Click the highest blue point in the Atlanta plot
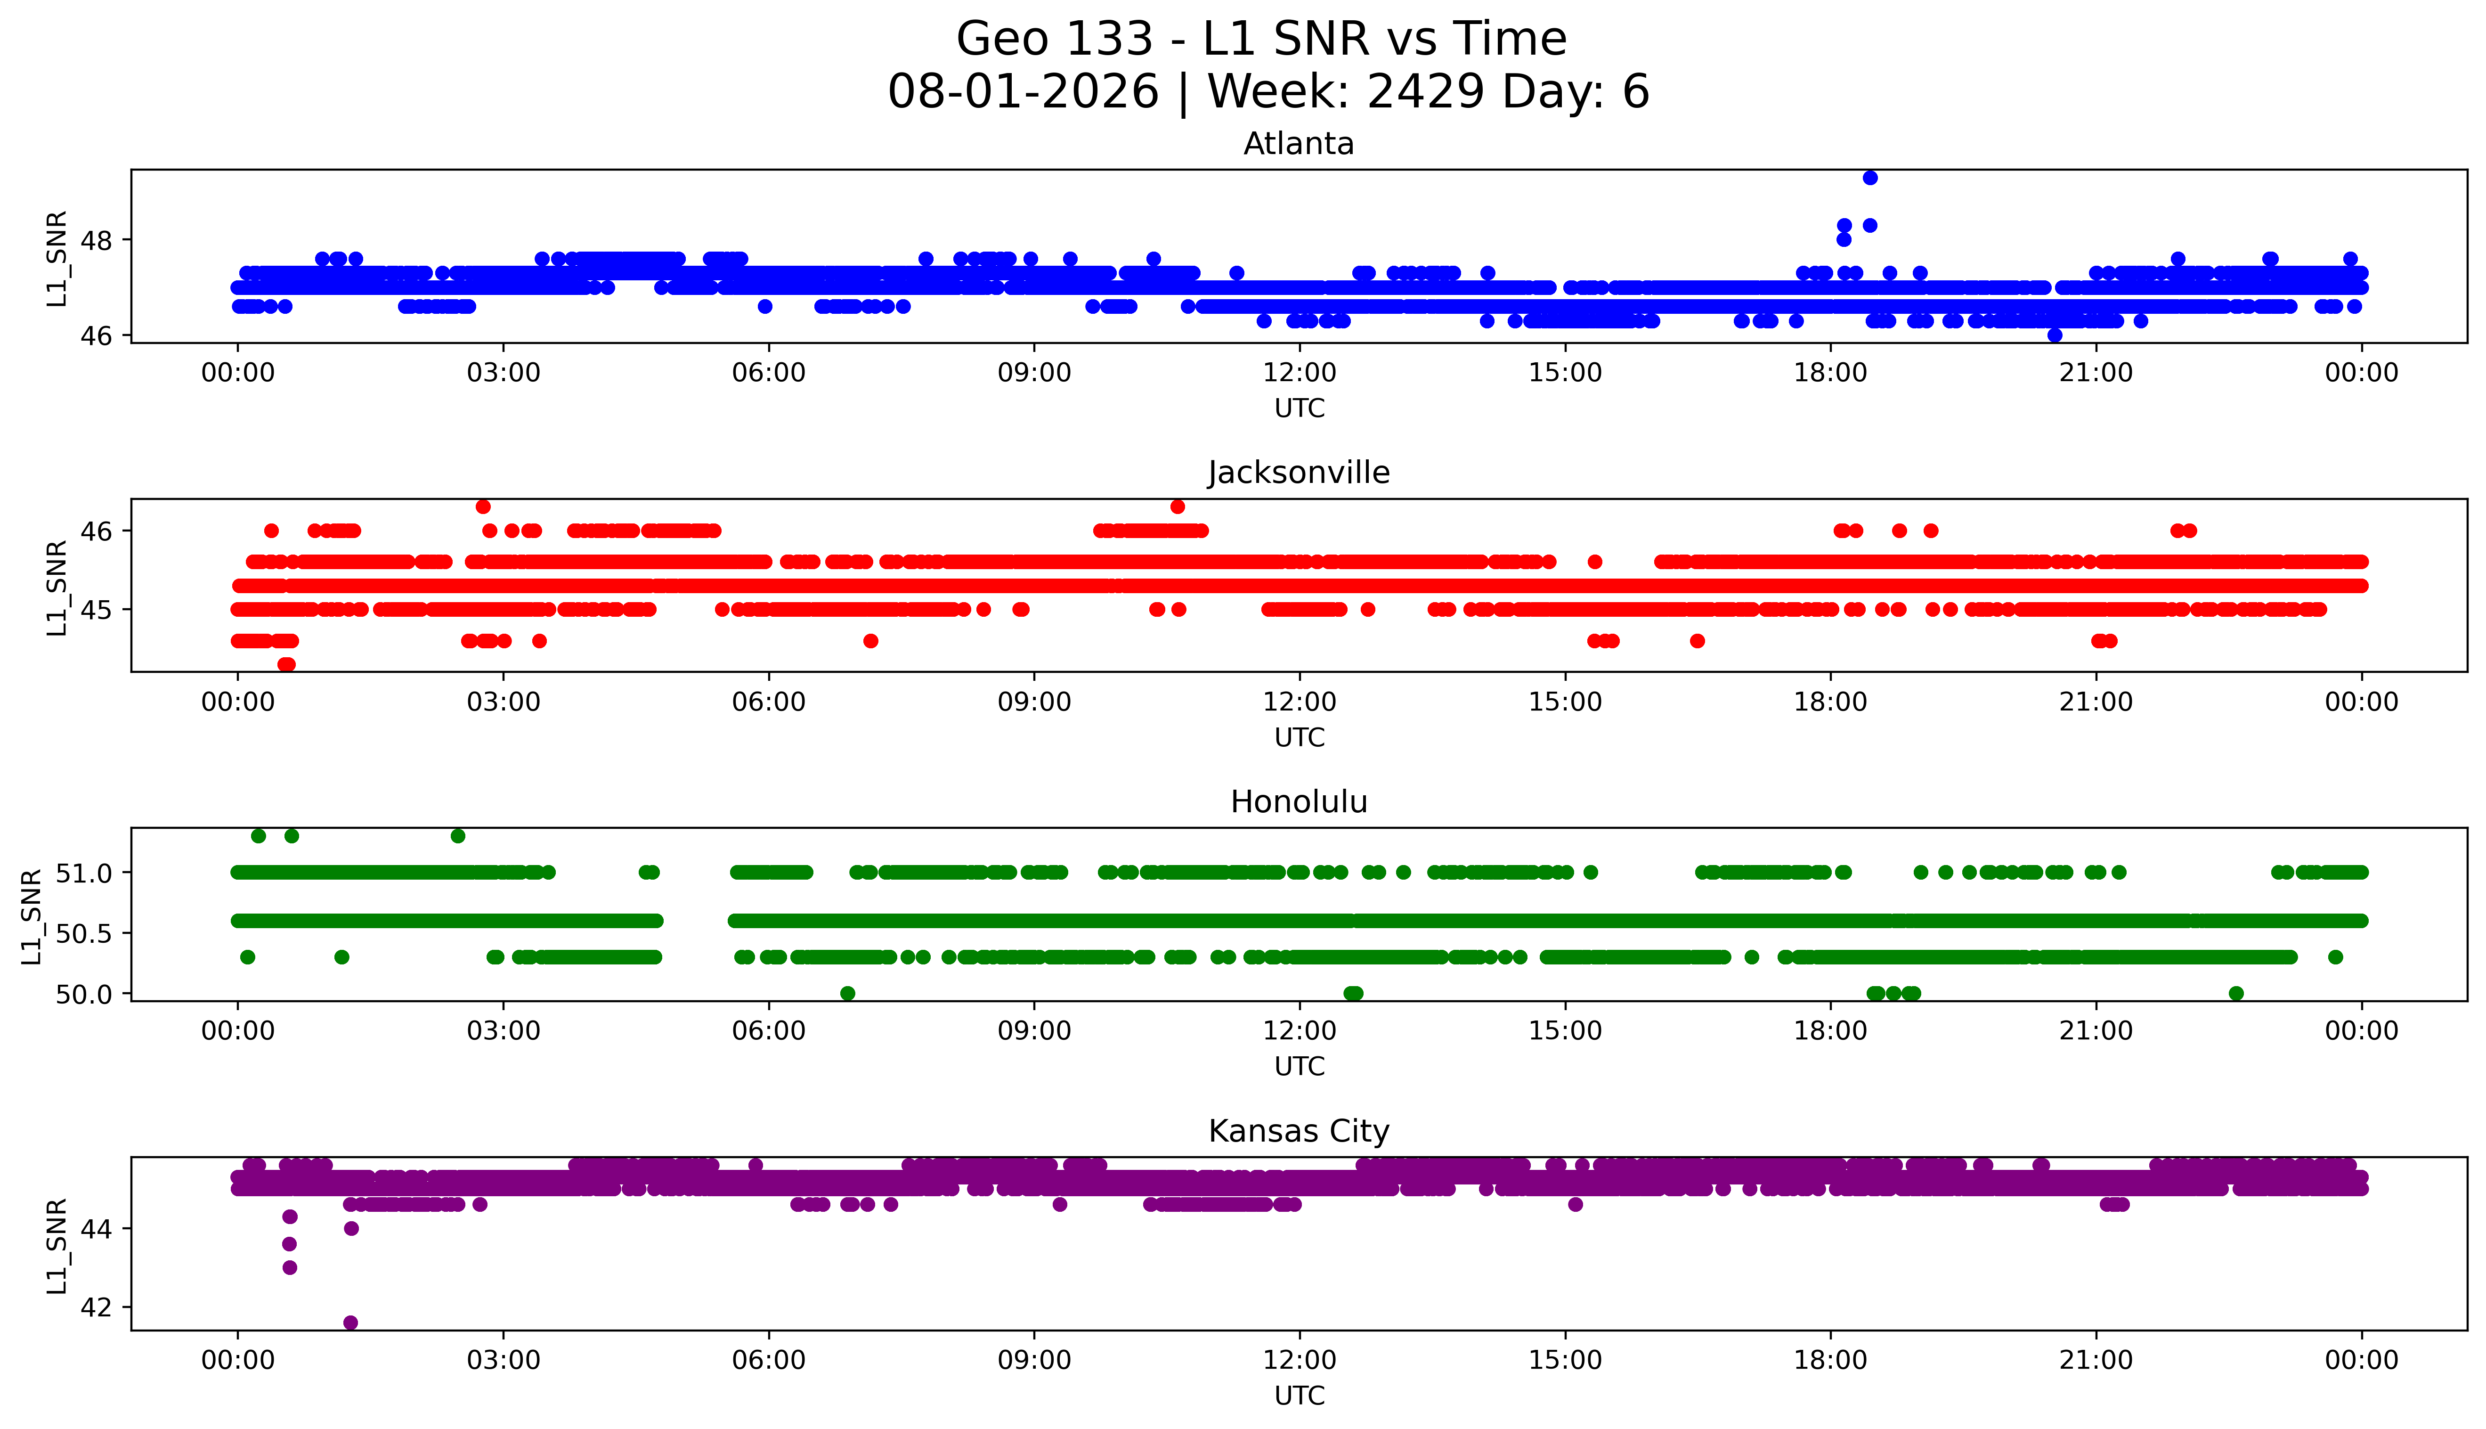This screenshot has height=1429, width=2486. click(1870, 178)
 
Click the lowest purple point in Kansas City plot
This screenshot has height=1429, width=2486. click(350, 1322)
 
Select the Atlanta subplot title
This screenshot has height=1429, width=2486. click(1299, 144)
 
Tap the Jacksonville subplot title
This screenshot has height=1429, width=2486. click(1299, 473)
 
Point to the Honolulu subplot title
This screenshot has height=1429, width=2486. click(1299, 802)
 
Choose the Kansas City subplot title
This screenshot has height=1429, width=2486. click(1299, 1132)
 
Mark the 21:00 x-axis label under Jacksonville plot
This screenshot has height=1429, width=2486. click(2096, 702)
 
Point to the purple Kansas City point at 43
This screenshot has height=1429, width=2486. click(289, 1267)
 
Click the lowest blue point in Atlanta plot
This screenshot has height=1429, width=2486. click(2055, 335)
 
